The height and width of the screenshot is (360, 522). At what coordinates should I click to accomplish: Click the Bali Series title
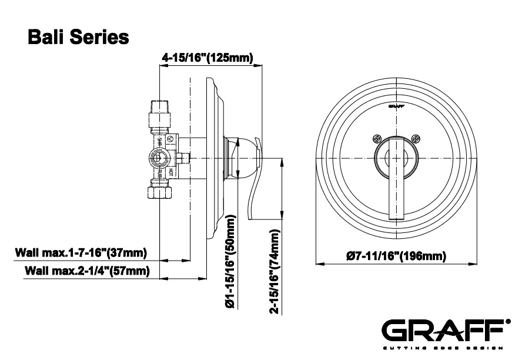[79, 36]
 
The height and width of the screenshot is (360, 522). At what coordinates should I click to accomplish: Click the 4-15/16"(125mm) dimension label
[207, 58]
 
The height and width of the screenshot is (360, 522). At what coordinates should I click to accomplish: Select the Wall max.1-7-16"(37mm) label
[81, 253]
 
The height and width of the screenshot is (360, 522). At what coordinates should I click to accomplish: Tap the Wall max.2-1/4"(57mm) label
[87, 271]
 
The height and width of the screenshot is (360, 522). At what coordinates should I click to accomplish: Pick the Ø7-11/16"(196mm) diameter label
[396, 256]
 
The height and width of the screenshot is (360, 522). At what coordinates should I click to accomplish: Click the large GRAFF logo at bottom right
[442, 329]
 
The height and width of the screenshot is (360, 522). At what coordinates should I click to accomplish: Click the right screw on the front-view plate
[416, 139]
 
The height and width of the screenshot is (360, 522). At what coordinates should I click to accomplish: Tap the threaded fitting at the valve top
[159, 109]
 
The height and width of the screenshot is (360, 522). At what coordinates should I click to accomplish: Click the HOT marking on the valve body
[170, 172]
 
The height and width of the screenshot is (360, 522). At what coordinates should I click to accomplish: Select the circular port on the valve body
[158, 157]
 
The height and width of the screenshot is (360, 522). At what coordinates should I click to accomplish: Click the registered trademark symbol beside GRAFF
[507, 322]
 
